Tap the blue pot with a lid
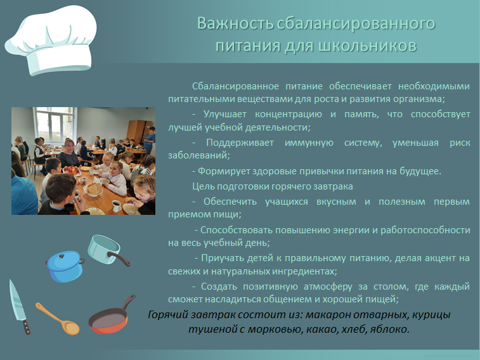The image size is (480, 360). coord(65,266)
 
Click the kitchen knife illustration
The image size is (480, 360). coord(19,307)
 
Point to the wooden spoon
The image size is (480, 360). coord(58,318)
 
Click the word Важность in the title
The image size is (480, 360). coord(235,23)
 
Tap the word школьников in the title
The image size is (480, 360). coord(367,46)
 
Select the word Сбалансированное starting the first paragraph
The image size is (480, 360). coord(235,86)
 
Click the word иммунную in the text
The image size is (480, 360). coord(309,143)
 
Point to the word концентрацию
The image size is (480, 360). coord(289,114)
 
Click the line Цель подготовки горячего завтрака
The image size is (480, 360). coord(273,186)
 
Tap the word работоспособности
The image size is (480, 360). coord(425,230)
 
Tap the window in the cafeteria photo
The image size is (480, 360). coord(55,124)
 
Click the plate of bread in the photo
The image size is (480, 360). coord(93,190)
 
